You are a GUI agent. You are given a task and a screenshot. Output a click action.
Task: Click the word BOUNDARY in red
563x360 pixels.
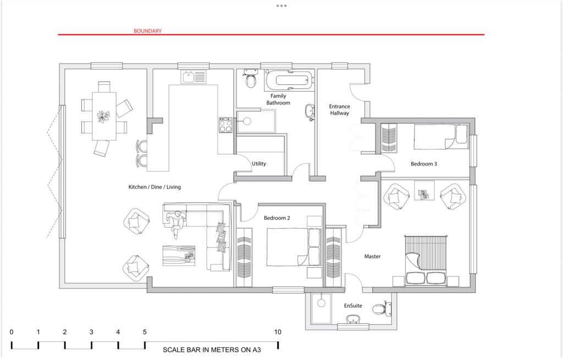[147, 31]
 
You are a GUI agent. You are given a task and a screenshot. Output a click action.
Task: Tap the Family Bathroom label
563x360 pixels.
[278, 99]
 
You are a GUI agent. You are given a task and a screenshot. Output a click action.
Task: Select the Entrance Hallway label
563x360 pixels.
[339, 109]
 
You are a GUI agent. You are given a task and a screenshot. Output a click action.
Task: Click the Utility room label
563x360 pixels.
[259, 164]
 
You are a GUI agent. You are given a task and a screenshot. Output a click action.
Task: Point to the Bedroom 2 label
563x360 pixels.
[277, 218]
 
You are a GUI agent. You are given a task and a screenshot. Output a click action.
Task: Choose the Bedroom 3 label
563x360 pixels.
[424, 164]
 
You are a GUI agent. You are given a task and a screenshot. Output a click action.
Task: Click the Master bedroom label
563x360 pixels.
[372, 256]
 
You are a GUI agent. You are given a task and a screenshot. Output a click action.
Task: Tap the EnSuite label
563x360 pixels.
[353, 305]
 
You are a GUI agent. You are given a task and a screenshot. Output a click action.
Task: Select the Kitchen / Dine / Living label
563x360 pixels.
[154, 187]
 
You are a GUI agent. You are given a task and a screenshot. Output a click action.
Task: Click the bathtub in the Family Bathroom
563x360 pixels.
[288, 81]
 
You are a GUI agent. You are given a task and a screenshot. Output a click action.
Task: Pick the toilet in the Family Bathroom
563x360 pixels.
[251, 80]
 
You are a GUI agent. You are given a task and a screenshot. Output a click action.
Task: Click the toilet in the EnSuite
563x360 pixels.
[380, 308]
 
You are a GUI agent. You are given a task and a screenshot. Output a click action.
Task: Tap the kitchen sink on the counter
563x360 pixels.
[193, 77]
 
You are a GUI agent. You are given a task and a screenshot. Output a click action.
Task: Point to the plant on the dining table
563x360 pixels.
[103, 116]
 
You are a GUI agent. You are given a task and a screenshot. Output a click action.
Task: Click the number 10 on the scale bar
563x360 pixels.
[278, 332]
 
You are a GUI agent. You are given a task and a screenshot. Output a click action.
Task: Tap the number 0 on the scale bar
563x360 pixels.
[12, 332]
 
